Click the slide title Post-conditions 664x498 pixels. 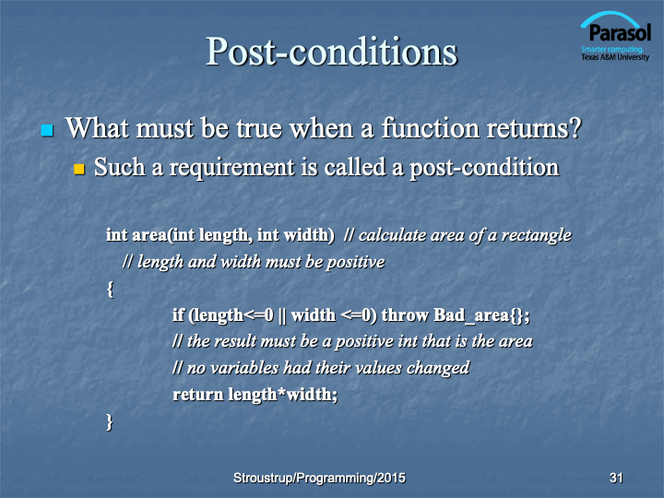332,52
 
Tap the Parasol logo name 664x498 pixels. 620,32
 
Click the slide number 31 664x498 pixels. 616,478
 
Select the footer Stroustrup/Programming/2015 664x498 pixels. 319,478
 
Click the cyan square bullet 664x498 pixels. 47,130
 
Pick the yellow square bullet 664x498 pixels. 79,169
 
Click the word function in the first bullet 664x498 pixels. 430,127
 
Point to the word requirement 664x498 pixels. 232,168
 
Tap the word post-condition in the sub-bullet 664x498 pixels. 484,168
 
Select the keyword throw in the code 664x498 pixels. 405,315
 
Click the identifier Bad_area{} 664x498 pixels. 481,316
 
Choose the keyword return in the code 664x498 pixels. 197,395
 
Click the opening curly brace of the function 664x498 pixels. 110,290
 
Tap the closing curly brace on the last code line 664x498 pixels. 110,422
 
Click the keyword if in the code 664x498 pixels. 178,315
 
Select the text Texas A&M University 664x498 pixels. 615,57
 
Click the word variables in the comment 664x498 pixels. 244,368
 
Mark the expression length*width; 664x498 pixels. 283,395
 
